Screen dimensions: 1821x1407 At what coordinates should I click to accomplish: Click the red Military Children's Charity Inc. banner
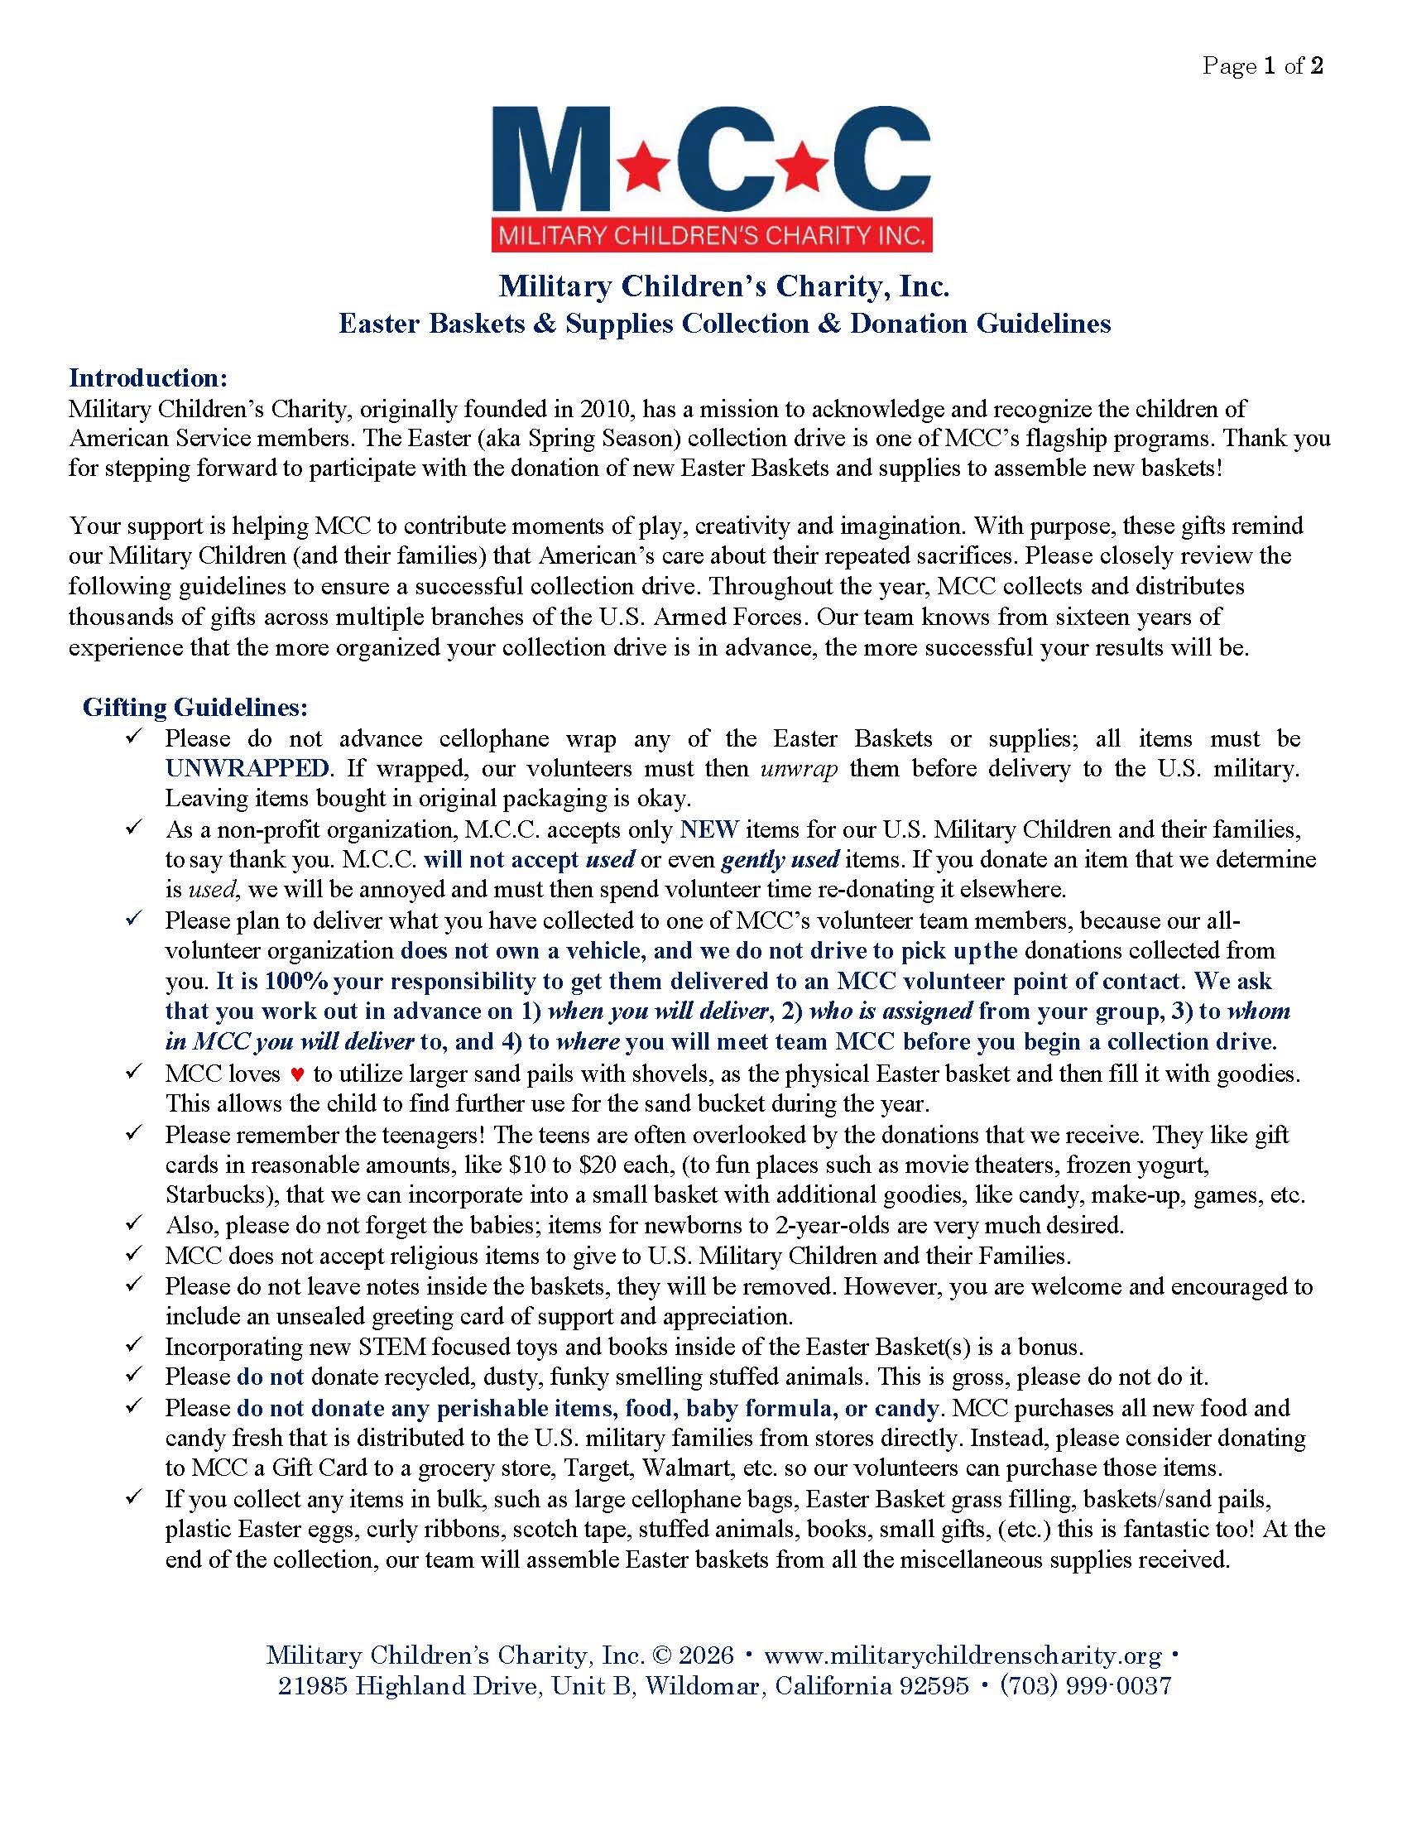[712, 236]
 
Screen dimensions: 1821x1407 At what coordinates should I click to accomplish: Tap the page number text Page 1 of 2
[1262, 67]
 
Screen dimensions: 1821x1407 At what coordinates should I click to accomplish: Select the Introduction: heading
[147, 377]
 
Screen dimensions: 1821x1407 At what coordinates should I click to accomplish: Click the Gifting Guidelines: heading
[195, 708]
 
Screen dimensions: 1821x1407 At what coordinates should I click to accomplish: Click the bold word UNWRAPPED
[247, 768]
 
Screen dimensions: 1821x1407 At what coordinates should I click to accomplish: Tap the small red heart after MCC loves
[298, 1074]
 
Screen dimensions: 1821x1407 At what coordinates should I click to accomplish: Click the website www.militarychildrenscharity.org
[962, 1655]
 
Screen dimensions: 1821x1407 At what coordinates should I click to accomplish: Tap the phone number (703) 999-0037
[1085, 1686]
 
